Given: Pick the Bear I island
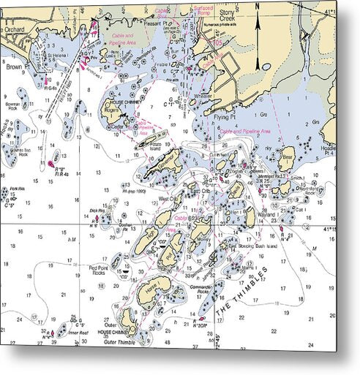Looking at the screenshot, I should [288, 156].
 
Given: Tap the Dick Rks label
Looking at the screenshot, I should [94, 211].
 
